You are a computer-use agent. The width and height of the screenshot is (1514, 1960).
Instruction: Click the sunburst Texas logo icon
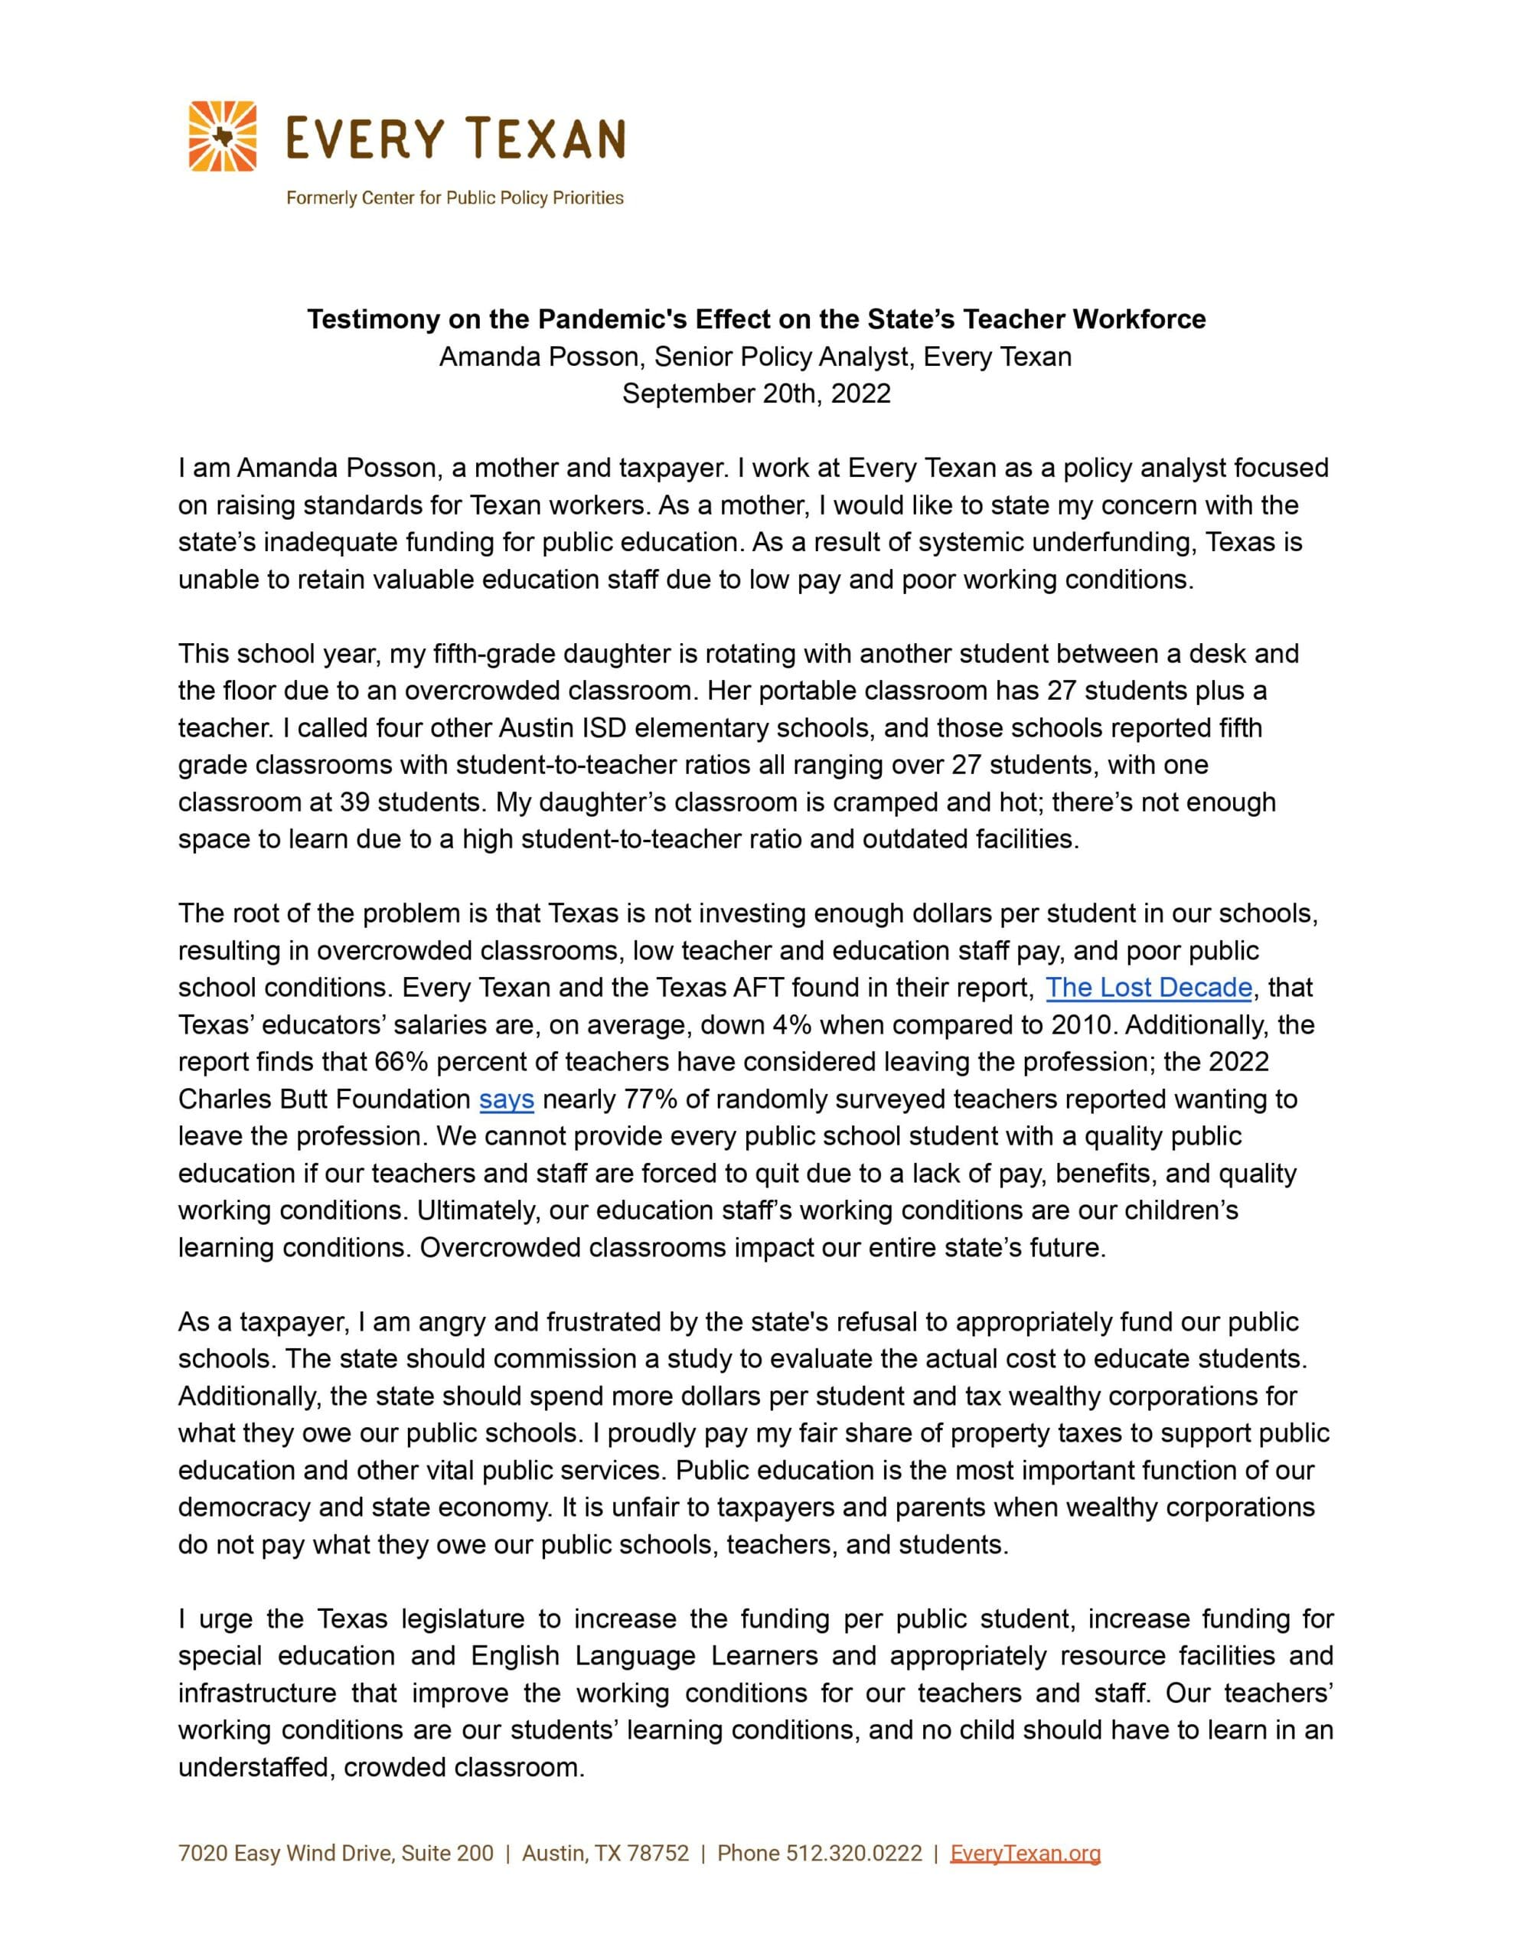pyautogui.click(x=223, y=136)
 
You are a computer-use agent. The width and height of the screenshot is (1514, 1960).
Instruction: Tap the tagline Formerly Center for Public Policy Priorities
pyautogui.click(x=454, y=198)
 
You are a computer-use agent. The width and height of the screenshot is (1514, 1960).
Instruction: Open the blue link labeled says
pyautogui.click(x=506, y=1099)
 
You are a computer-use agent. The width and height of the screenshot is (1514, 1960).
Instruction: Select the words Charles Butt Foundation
pyautogui.click(x=324, y=1099)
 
